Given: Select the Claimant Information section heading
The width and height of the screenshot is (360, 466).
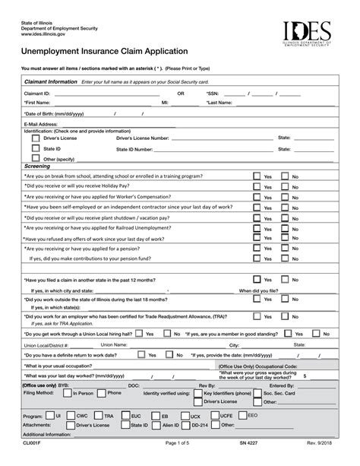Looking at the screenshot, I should click(x=52, y=81).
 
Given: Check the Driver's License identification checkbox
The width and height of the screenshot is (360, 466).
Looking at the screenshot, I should click(x=35, y=138).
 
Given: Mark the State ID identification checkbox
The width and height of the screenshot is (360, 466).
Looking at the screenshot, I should click(x=35, y=149).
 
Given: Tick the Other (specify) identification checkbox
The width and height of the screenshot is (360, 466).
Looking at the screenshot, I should click(x=35, y=159).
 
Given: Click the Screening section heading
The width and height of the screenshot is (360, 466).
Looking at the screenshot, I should click(x=37, y=166).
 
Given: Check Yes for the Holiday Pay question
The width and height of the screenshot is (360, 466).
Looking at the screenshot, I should click(x=257, y=186).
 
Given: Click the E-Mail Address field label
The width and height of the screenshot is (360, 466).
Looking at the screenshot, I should click(x=41, y=122).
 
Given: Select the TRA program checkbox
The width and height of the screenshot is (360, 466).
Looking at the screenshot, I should click(x=99, y=417).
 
